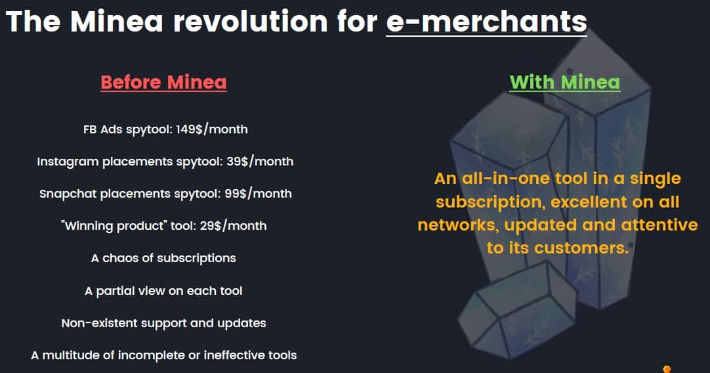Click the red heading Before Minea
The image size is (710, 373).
point(163,82)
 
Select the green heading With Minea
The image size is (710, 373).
point(564,82)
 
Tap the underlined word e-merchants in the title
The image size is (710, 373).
point(487,21)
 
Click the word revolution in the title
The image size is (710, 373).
point(251,21)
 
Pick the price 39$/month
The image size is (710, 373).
point(260,162)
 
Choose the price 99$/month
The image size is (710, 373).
point(258,194)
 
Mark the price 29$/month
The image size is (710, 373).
point(233,226)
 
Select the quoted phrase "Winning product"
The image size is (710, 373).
point(114,226)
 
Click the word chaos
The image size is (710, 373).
point(121,258)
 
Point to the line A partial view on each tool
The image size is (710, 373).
point(163,290)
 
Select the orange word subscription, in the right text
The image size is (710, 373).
point(490,202)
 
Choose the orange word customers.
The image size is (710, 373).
point(581,248)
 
